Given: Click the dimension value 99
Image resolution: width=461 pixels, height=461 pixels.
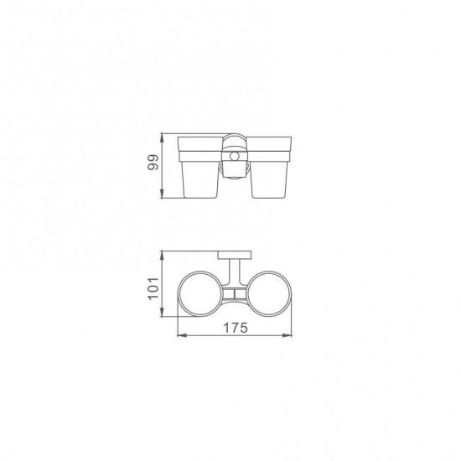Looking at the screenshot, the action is (153, 162).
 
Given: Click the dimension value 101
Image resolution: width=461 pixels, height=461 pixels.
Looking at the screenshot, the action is (153, 288).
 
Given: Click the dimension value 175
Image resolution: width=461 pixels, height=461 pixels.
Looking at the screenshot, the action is (236, 328).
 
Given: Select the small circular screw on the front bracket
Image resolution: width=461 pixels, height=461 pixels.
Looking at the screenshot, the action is (235, 157).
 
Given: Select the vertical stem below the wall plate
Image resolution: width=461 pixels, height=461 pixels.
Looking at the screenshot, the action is (235, 272).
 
